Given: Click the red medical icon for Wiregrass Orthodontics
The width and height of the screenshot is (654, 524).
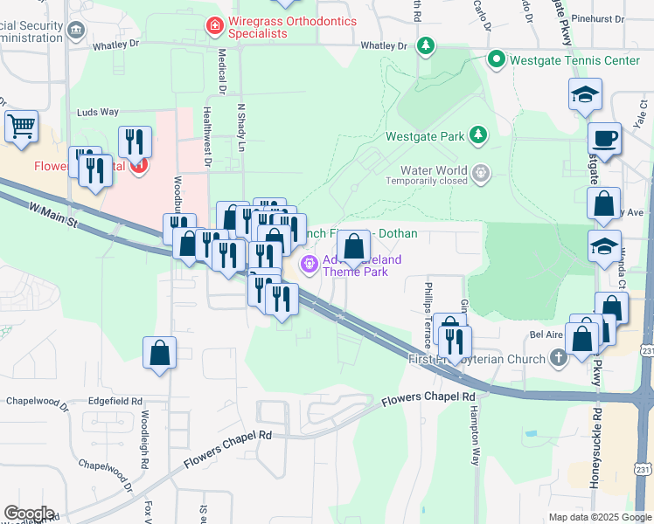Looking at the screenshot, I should point(212,27).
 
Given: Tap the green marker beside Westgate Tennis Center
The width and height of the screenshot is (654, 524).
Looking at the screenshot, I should point(497,60).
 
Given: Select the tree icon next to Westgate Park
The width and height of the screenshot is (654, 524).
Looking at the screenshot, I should point(477,135).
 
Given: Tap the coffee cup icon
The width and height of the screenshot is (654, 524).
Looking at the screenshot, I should point(604,137).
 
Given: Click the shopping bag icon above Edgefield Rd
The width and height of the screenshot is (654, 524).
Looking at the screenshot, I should point(160,354).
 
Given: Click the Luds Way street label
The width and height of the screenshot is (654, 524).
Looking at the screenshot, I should point(97,113).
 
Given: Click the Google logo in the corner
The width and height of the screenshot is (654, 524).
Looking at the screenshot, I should point(29,514).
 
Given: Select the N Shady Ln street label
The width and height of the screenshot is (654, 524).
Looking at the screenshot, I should point(240,129).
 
